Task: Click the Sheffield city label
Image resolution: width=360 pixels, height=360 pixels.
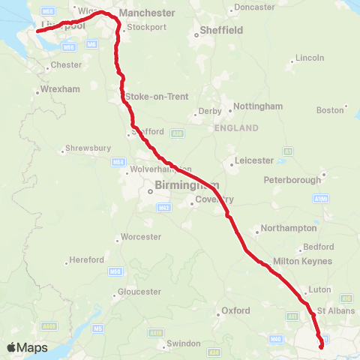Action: [x=221, y=31]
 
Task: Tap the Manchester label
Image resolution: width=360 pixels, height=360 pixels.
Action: [x=146, y=13]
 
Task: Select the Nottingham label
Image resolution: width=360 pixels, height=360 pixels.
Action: [x=257, y=106]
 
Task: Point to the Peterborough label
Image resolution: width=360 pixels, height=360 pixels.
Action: [x=292, y=180]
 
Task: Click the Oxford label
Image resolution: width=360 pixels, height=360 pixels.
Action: [x=235, y=310]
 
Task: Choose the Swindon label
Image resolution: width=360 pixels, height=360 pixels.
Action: [x=183, y=343]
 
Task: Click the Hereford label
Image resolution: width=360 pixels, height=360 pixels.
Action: [x=86, y=260]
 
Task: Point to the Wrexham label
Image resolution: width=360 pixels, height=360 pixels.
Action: [x=60, y=89]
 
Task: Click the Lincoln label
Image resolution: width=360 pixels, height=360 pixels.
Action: [x=310, y=58]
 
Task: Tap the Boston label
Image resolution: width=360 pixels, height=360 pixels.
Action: [x=329, y=110]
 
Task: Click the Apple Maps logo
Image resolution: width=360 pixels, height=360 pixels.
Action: [x=27, y=347]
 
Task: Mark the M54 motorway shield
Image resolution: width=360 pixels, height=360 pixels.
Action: [x=117, y=162]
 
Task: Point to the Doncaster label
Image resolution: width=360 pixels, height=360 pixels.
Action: [x=254, y=7]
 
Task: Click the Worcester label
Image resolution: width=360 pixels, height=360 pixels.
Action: [x=140, y=237]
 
